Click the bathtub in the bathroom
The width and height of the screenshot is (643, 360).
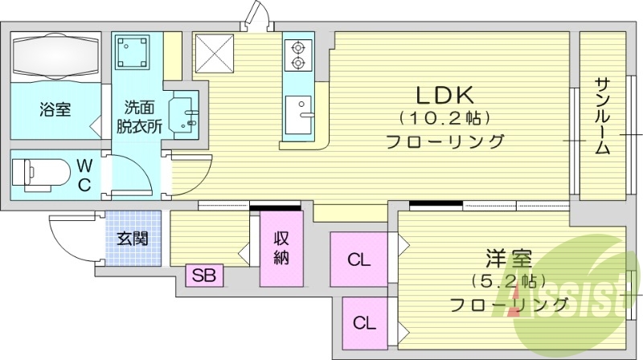tap(55, 57)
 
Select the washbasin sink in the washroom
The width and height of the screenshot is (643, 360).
tap(185, 112)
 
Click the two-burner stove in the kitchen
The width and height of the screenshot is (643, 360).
tap(298, 54)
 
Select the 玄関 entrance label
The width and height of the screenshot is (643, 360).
tap(132, 239)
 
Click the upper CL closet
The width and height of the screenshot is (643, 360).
tap(358, 260)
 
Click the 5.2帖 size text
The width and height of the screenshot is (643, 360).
tap(508, 282)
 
